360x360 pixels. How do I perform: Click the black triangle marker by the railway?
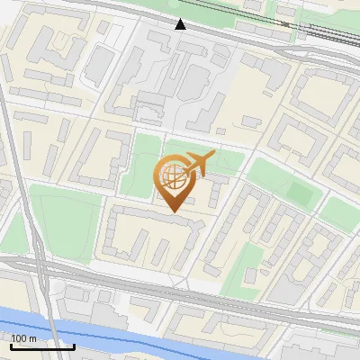pos(181,23)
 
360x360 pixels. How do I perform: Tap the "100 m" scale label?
pos(24,337)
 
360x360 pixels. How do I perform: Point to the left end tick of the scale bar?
pos(11,346)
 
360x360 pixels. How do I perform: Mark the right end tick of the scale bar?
pos(74,346)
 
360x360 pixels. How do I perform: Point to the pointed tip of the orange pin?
pos(174,211)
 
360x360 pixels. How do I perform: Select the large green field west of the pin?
pos(63,220)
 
